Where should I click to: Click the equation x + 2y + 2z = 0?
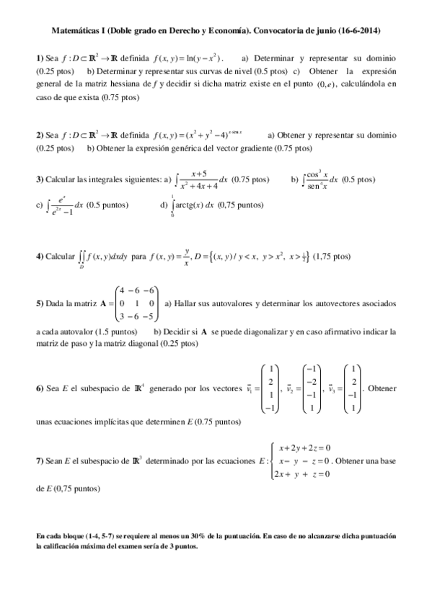coord(304,448)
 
